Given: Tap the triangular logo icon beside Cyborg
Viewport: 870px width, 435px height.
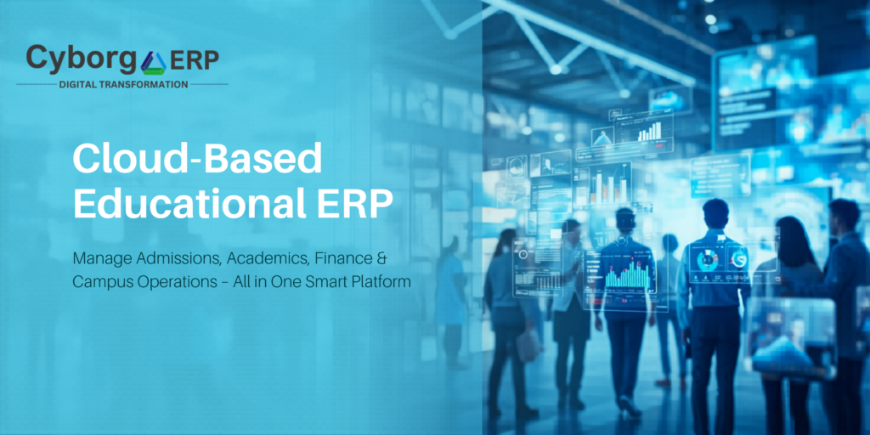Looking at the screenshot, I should coord(154,61).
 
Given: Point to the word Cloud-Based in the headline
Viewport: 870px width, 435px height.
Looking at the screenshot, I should coord(197,160).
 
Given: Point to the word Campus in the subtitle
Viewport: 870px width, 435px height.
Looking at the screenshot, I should coord(99,280).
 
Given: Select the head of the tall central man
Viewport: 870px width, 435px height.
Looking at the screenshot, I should coord(715,212).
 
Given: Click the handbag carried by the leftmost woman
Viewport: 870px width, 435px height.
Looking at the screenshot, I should coord(528,344).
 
